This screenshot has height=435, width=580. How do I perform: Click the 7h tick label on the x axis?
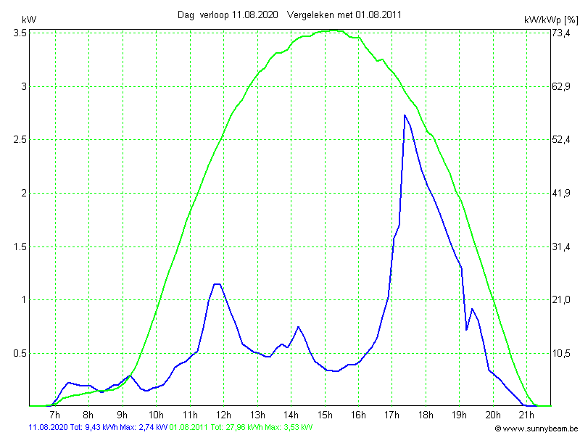[x=54, y=415]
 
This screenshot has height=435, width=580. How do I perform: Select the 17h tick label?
[x=391, y=415]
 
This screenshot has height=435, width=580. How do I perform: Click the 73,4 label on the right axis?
[x=562, y=33]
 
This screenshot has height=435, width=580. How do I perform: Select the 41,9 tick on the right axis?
[x=562, y=193]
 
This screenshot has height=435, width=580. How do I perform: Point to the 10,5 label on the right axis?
[x=562, y=353]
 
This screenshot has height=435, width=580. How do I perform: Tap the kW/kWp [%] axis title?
[x=551, y=20]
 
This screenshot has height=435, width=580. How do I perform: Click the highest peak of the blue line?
[x=405, y=115]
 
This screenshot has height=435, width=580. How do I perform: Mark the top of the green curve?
[x=333, y=30]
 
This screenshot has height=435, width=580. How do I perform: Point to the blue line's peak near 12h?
[x=217, y=284]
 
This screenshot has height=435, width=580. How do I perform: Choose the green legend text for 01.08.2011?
[x=241, y=428]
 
